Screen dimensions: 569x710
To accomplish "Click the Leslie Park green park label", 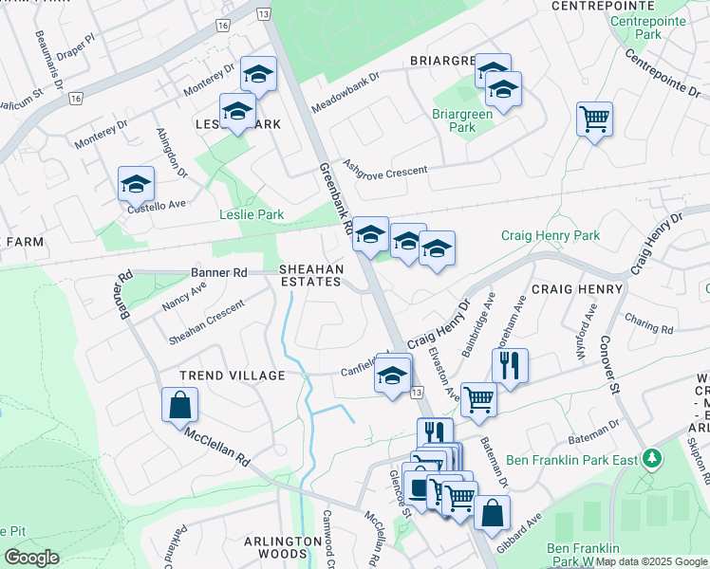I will point(252,215).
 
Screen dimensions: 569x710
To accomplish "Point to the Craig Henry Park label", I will point(551,235).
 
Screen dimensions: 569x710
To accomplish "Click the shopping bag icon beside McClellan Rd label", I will point(180,405).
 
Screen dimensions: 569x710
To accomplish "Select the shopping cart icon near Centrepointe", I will point(594,119).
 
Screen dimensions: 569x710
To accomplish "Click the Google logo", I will point(31,558).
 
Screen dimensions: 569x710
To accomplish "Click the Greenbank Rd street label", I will point(335,201).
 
